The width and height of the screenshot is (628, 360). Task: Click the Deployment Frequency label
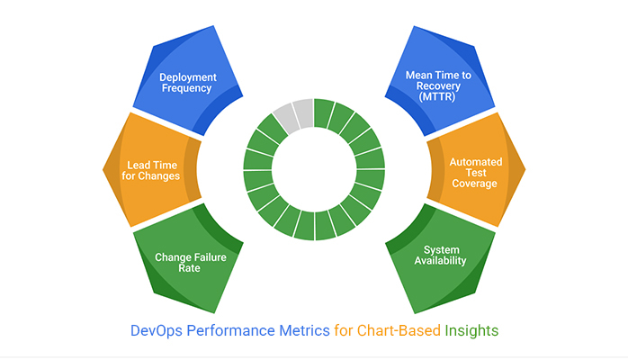point(185,83)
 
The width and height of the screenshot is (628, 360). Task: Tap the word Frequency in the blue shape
point(185,89)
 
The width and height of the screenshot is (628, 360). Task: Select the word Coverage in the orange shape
point(475,184)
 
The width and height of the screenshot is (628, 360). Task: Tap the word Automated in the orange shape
point(475,161)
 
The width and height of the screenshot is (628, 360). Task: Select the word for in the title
point(344,330)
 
